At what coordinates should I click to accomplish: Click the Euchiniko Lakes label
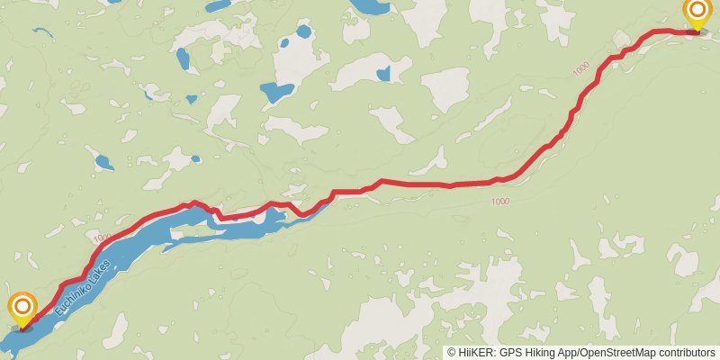83,287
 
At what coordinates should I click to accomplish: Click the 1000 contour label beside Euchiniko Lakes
100,238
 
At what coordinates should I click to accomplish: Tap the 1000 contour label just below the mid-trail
501,201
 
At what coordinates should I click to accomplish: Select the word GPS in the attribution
511,353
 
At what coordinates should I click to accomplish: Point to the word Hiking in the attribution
540,353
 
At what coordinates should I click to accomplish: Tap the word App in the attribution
569,353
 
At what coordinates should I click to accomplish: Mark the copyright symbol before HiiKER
452,353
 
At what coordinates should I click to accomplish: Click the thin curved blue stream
43,32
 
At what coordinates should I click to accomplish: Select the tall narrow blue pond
184,60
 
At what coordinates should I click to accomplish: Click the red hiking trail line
414,184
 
